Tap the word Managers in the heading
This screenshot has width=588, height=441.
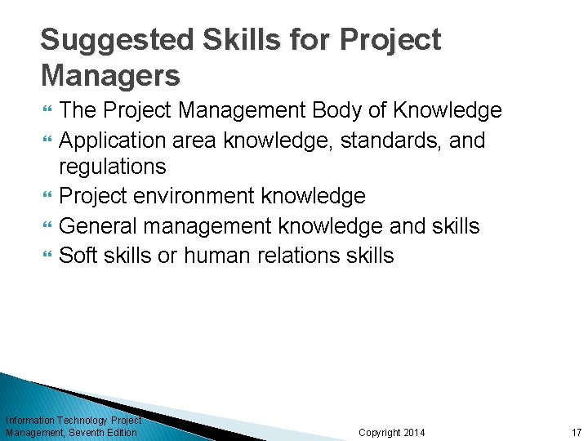point(110,75)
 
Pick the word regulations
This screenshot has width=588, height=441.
point(113,167)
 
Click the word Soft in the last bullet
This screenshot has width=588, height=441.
point(79,256)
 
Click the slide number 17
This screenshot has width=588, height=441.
point(577,432)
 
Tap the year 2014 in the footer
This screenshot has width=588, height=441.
point(414,432)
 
